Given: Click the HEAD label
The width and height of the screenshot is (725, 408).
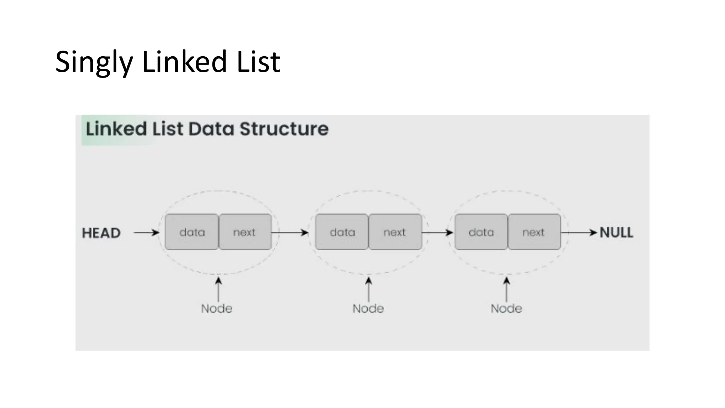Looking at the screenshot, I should (x=101, y=233).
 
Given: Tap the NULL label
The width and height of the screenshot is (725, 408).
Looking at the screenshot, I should (x=616, y=233).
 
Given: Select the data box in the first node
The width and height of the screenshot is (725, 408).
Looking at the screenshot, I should (x=192, y=232).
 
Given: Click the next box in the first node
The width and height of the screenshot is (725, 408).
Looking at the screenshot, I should (x=245, y=232).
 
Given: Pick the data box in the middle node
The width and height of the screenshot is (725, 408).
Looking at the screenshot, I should (x=342, y=232).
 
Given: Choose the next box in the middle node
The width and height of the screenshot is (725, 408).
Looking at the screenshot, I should (x=395, y=232).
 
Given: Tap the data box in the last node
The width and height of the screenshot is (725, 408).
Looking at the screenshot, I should (x=481, y=232).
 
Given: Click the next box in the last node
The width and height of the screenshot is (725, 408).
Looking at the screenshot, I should (x=534, y=232).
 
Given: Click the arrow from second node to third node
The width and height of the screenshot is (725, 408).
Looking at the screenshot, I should (x=438, y=233).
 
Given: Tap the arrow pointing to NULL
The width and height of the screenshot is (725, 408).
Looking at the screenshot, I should (x=579, y=233).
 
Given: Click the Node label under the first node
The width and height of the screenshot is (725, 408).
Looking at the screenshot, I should (x=217, y=308).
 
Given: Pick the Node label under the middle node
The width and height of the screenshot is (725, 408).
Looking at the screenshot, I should (x=368, y=308).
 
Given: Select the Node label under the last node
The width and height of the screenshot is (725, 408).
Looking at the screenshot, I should (x=506, y=308).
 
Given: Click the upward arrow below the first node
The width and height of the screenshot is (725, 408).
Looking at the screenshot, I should (x=218, y=289).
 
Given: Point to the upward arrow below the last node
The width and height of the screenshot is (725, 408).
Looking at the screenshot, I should (x=507, y=289).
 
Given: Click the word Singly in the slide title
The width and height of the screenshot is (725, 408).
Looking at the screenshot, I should (x=94, y=62).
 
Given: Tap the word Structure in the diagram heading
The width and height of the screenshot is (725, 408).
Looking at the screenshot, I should (x=284, y=129).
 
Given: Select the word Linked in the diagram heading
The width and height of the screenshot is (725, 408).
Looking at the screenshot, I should (x=116, y=129).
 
